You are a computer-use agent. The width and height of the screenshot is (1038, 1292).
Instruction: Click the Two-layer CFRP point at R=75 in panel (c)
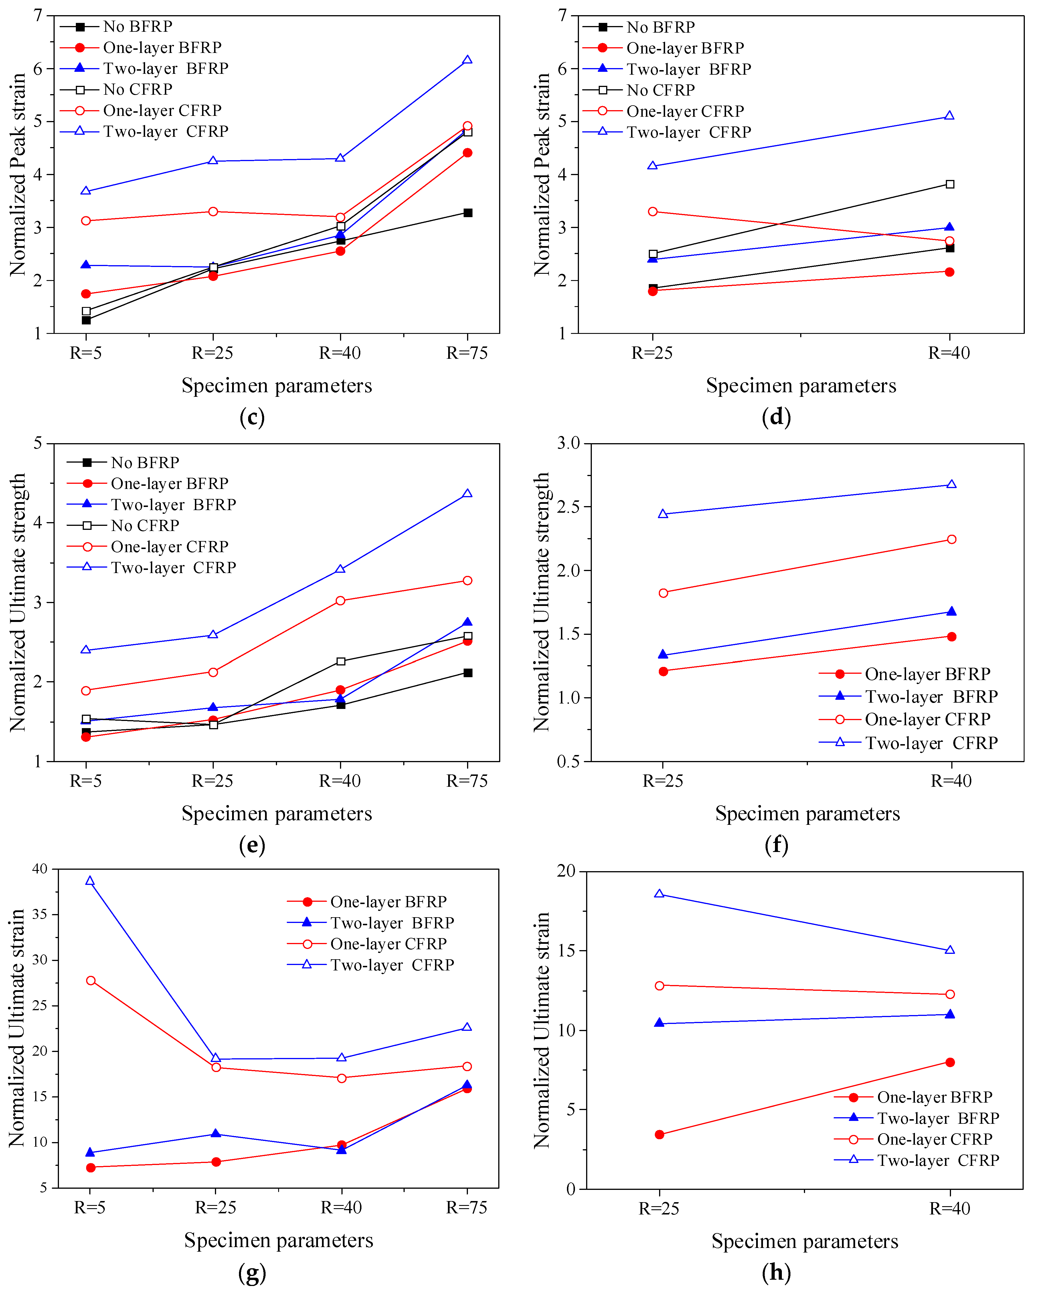tap(467, 60)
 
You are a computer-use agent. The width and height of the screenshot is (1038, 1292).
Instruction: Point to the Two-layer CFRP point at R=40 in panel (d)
tap(949, 116)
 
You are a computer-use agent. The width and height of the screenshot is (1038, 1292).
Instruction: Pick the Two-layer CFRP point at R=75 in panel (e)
tap(467, 494)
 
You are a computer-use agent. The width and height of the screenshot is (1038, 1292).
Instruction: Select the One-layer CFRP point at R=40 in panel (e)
tap(340, 601)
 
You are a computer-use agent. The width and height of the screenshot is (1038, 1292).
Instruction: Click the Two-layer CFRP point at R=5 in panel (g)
tap(90, 881)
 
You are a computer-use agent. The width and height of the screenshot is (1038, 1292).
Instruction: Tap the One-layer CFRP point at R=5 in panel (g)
tap(90, 980)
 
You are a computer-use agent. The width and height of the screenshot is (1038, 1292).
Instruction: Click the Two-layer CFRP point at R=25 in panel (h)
tap(659, 894)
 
